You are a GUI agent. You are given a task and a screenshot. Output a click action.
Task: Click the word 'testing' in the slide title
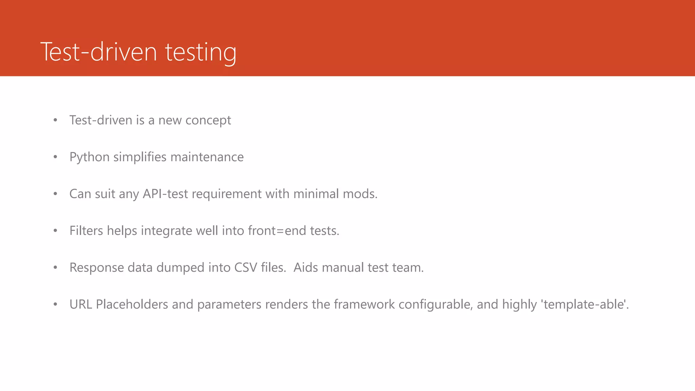point(201,53)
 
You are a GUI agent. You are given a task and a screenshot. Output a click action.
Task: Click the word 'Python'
point(89,157)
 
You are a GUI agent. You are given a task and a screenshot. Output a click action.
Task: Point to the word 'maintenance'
point(207,157)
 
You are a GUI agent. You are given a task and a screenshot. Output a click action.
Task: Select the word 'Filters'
point(86,231)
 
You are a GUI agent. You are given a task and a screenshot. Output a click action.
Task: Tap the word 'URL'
point(81,304)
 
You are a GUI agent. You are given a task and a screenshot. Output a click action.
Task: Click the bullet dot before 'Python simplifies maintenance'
point(55,157)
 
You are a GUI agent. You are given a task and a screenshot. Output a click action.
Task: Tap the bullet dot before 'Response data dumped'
point(55,267)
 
